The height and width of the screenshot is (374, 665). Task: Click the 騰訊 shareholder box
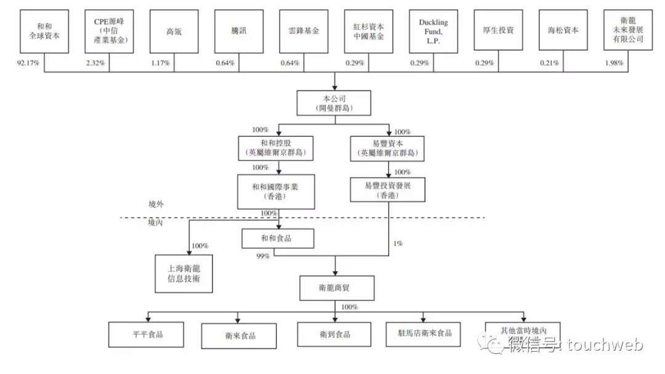pos(239,31)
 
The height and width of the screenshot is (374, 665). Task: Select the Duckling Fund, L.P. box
pos(433,31)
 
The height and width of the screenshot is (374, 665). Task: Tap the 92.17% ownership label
pos(28,63)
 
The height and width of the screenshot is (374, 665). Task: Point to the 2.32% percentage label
pos(95,63)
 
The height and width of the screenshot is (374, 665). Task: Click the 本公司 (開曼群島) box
pos(334,103)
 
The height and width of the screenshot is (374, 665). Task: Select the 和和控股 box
pos(276,148)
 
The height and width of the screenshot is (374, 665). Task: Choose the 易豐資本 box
pos(387,148)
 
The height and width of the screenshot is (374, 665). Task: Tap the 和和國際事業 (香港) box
pos(276,192)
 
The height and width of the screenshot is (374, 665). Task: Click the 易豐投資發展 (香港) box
pos(388,190)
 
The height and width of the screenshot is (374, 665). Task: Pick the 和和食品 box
pos(278,238)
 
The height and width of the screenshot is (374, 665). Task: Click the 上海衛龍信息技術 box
pos(183,274)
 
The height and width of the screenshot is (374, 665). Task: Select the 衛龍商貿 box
pos(337,288)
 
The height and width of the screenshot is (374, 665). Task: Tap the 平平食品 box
pos(146,335)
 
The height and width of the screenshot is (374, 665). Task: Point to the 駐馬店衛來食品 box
pos(423,334)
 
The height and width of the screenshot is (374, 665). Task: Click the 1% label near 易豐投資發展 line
pos(398,243)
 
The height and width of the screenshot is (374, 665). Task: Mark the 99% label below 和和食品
pos(263,256)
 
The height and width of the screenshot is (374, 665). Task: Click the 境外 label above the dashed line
pos(156,204)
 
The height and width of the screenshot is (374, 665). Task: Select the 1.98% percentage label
pos(614,63)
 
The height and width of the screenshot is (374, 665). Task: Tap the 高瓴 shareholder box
pos(174,31)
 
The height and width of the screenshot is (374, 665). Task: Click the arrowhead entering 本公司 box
pos(334,87)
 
